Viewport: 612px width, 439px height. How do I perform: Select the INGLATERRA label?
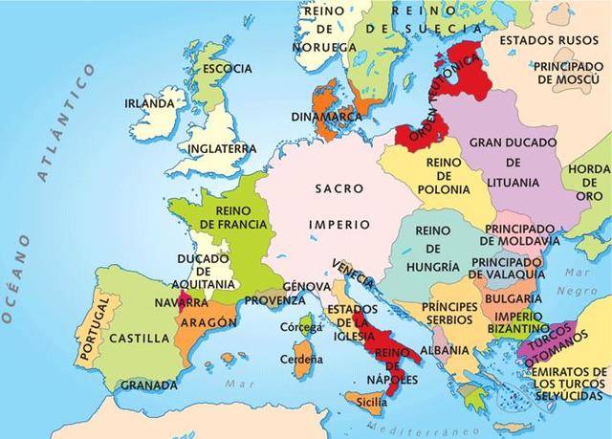tap(222, 149)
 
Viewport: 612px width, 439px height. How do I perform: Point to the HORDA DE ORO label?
tap(590, 182)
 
